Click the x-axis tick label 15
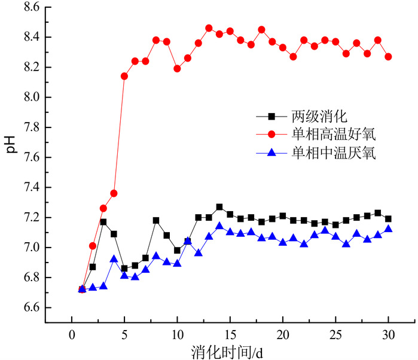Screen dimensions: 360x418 point(230,333)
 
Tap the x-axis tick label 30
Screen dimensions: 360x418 point(388,333)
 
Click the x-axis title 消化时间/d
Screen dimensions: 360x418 point(230,350)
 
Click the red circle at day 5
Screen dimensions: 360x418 point(124,76)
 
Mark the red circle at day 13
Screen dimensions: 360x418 point(209,28)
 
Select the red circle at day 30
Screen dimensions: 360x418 point(388,57)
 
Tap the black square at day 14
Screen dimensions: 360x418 point(219,207)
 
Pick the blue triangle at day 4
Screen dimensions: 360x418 point(114,259)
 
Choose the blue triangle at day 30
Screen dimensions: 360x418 point(388,229)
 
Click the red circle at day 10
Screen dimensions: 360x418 point(177,69)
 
